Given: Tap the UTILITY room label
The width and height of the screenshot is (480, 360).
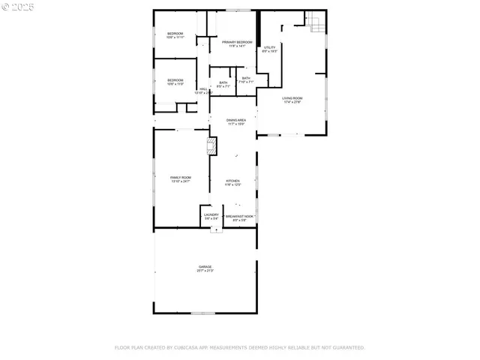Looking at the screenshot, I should [270, 49].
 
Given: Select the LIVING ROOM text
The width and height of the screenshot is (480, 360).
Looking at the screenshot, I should [292, 98].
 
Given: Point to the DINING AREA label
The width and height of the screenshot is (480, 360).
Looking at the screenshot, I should [237, 120].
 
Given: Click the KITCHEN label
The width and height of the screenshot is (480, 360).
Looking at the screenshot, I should [233, 181].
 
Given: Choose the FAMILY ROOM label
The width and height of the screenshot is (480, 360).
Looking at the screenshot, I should [181, 178].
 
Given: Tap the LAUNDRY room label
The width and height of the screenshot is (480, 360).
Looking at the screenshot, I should [211, 215].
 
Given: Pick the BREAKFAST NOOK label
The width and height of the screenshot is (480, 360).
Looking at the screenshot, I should [240, 216].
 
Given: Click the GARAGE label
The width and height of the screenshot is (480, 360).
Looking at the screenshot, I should [205, 267].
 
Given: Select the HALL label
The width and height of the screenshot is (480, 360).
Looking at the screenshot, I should [202, 90].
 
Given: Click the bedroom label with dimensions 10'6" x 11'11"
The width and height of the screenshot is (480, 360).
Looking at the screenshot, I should [175, 34].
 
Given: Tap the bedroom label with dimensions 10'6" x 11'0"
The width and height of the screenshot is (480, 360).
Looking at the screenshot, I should [175, 80].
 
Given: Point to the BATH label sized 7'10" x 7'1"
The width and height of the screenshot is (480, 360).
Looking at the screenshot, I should [246, 79].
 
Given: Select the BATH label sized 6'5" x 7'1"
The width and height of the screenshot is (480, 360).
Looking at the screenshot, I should [223, 83].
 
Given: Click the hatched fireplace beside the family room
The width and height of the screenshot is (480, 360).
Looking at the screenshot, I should [212, 145].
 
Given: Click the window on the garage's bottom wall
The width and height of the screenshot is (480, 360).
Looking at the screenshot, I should [202, 313].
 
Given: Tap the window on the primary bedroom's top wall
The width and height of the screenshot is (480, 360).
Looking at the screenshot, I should [238, 10].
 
